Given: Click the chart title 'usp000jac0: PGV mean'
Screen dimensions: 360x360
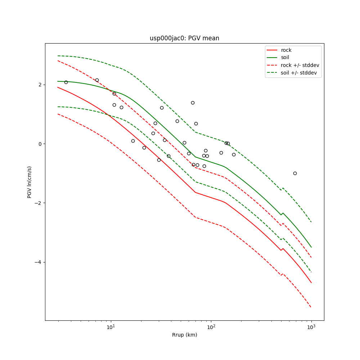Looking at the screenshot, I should pos(184,38).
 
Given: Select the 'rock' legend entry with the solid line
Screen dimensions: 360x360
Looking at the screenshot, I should pos(286,50).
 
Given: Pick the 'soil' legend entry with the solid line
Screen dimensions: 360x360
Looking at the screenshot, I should pos(285,58).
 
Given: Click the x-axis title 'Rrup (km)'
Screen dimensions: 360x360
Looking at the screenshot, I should pos(184,335).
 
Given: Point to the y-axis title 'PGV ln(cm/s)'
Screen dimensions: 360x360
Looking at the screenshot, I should pos(30,182).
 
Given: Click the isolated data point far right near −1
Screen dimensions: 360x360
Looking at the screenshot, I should pos(295,173).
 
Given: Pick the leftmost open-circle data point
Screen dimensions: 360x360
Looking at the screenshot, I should pos(66,82).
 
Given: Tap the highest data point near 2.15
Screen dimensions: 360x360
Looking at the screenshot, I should pos(97,80).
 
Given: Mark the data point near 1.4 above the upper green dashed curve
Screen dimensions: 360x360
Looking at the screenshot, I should pos(193,103).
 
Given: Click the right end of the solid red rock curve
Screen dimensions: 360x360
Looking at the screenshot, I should pos(311,283).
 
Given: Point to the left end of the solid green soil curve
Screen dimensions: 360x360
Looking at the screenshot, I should pos(58,81).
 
